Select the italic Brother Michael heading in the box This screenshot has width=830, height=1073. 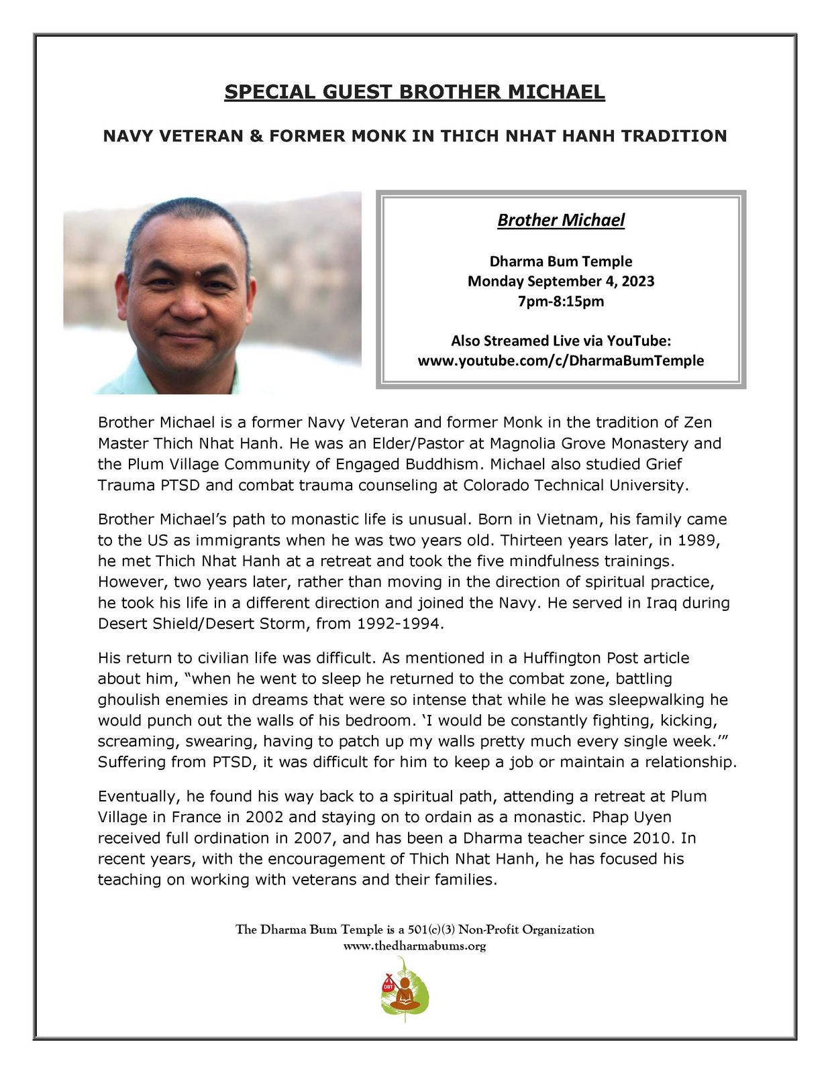[561, 220]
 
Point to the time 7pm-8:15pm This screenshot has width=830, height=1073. [561, 301]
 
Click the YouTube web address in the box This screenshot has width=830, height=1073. [561, 361]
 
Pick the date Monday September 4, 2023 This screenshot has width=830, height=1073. [561, 281]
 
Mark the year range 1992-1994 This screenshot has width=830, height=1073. [399, 624]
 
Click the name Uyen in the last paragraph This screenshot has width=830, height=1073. [651, 817]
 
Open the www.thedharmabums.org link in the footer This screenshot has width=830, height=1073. [415, 946]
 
